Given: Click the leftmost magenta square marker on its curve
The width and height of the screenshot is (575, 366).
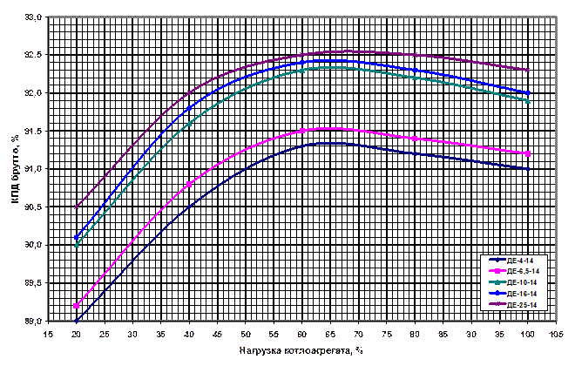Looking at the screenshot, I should (x=77, y=306).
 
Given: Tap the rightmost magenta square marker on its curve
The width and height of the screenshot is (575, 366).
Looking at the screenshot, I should (x=528, y=154).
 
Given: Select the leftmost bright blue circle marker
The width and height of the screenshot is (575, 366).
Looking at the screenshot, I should (x=77, y=237).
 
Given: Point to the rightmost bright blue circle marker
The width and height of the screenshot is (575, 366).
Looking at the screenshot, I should (x=528, y=93).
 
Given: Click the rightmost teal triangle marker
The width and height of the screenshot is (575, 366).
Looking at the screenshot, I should (x=528, y=101).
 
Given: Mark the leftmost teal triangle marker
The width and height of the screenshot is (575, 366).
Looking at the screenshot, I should (x=77, y=245).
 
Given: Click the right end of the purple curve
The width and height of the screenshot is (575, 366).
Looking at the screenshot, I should (x=528, y=70).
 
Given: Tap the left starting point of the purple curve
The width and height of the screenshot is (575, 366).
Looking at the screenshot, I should (x=77, y=207).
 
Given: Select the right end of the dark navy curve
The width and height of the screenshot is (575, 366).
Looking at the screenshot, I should (x=528, y=169).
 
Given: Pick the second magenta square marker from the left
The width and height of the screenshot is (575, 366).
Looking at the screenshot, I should (x=189, y=185).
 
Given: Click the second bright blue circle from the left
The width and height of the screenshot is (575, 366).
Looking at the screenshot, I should (x=189, y=108).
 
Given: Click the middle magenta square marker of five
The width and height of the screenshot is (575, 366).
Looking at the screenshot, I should (x=302, y=131).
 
